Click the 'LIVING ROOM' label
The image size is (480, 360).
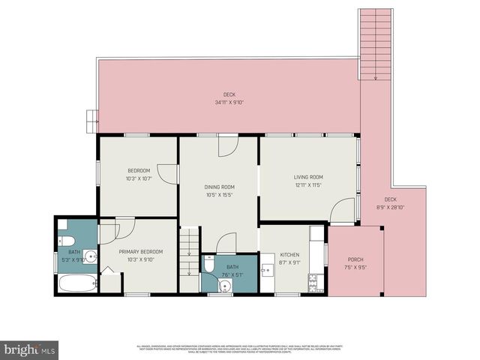pos(307,177)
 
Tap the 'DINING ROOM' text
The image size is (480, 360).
pos(220,187)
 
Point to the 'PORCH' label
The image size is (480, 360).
pos(355,259)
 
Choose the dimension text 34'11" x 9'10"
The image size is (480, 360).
pos(229,102)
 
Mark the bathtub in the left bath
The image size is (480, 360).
pos(77,283)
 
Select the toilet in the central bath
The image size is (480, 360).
pos(210,265)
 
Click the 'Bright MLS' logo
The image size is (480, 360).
pos(30,349)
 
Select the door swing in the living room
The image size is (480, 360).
pos(343,211)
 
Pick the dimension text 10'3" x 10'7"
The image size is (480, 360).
pos(139,178)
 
